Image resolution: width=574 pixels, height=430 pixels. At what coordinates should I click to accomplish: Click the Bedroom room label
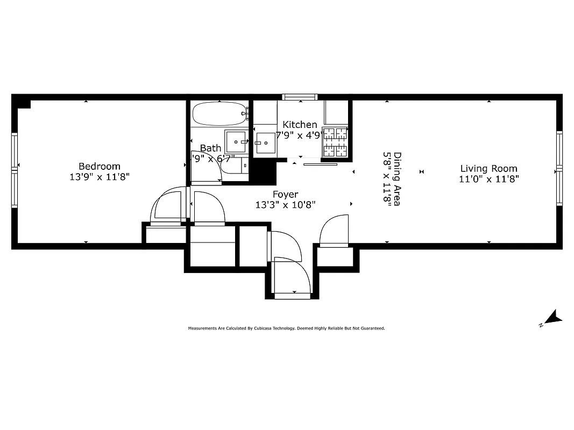pyautogui.click(x=100, y=166)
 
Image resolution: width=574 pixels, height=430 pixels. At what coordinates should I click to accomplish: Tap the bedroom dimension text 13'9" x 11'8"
pyautogui.click(x=100, y=176)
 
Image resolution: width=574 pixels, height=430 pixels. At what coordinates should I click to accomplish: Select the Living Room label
pyautogui.click(x=488, y=169)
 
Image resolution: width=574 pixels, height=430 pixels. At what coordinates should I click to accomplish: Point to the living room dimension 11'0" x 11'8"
pyautogui.click(x=488, y=179)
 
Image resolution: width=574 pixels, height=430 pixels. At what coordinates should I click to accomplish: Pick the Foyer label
pyautogui.click(x=285, y=194)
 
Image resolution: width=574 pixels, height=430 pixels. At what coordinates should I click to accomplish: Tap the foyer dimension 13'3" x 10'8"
pyautogui.click(x=285, y=204)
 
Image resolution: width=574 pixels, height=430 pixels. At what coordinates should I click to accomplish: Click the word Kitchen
pyautogui.click(x=300, y=125)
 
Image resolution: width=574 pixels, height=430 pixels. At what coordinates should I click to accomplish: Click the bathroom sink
pyautogui.click(x=236, y=142)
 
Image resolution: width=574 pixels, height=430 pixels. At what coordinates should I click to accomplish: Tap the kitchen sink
pyautogui.click(x=265, y=143)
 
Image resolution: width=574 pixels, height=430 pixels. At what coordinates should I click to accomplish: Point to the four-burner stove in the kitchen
pyautogui.click(x=335, y=142)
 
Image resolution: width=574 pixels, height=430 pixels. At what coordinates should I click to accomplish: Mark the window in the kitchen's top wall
pyautogui.click(x=300, y=97)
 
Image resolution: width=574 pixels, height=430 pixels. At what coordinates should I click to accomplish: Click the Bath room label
pyautogui.click(x=210, y=148)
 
